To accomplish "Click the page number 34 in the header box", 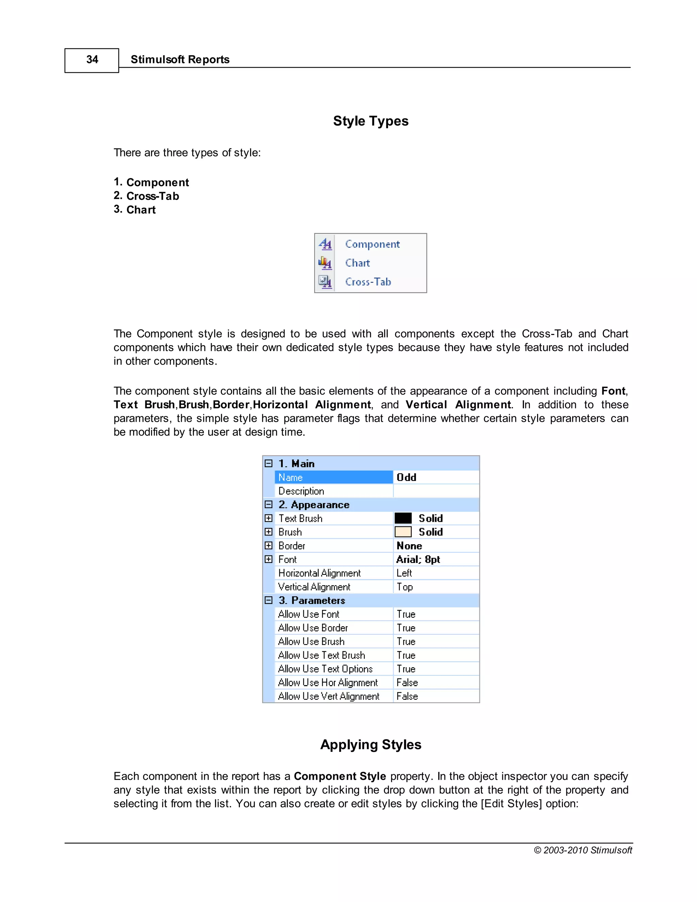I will (92, 60).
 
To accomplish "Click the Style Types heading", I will (370, 121).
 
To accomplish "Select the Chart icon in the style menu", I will (325, 263).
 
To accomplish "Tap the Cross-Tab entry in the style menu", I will (368, 282).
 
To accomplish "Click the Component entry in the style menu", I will (372, 244).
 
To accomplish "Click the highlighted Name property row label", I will (291, 478).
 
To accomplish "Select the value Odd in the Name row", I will (406, 478).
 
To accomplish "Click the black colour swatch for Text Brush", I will (403, 518).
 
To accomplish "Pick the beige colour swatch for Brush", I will (403, 532).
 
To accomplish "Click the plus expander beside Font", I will (269, 559).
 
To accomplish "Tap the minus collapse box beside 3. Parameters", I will (269, 600).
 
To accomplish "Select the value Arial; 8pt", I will (418, 559).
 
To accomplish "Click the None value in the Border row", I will (409, 546).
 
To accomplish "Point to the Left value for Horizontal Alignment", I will (404, 573).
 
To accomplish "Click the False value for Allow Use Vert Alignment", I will (407, 696).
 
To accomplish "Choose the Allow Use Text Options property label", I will (325, 669).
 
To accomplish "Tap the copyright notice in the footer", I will (583, 850).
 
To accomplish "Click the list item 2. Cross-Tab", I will (147, 196).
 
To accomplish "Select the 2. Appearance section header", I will (314, 505).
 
